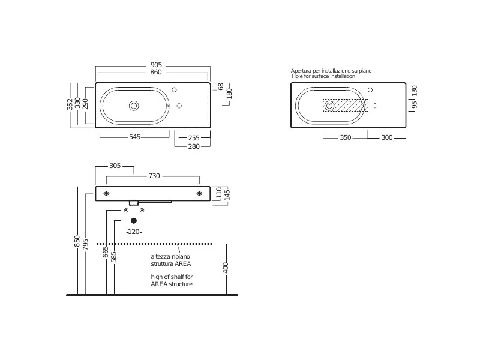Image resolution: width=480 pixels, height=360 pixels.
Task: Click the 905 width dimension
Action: point(156,65)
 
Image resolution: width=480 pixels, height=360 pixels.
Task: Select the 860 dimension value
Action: point(156,72)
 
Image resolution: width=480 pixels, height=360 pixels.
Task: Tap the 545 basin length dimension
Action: point(134,137)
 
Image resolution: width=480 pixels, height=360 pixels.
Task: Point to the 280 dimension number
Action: point(194,146)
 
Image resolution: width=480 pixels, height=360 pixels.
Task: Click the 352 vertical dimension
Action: point(70,104)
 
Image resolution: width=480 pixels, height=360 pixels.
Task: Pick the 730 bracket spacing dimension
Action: point(154,176)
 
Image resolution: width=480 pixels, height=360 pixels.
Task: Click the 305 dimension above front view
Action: point(115,166)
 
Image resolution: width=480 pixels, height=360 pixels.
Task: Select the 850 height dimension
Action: point(77,241)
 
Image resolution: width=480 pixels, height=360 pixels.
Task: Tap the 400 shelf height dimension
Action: point(226,268)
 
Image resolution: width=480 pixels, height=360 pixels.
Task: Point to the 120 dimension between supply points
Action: point(134,232)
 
